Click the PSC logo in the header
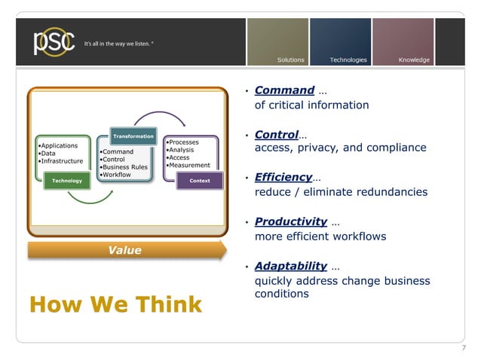(x=53, y=41)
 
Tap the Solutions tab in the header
(x=291, y=59)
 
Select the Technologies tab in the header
(x=348, y=59)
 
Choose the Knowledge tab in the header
(x=414, y=59)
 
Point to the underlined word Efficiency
(x=283, y=178)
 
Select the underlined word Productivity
(x=291, y=221)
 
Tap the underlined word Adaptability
(x=291, y=266)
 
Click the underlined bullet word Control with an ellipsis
(x=277, y=135)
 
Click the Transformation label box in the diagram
(x=133, y=136)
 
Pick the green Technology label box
(x=67, y=181)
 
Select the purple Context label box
(x=200, y=181)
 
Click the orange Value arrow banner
(x=125, y=251)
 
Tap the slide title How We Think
(x=115, y=304)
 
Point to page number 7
(x=463, y=347)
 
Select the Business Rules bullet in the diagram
(x=125, y=167)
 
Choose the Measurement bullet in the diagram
(x=188, y=165)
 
